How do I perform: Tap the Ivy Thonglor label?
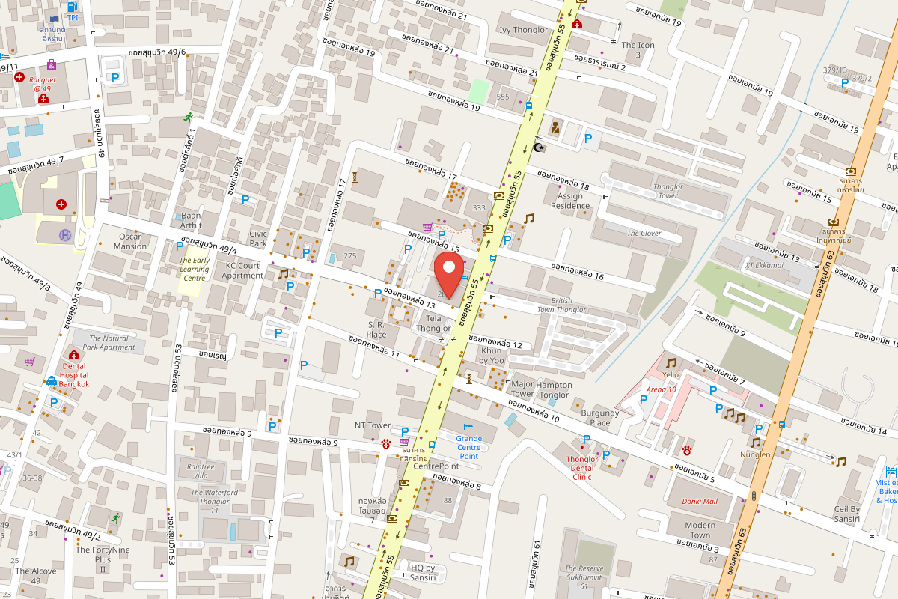tap(523, 30)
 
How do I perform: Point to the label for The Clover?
tap(644, 233)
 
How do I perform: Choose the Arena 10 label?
tap(661, 389)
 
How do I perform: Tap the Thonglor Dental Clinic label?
tap(581, 468)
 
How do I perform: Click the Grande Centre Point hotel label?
tap(469, 447)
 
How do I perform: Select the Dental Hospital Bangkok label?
tap(74, 376)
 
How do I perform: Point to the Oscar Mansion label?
tap(130, 241)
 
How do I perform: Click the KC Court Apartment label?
tap(242, 270)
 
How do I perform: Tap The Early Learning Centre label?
tap(194, 270)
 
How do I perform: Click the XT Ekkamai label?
tap(763, 265)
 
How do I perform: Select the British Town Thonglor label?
tap(561, 305)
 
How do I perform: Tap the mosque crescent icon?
tap(539, 148)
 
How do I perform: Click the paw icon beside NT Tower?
tap(386, 443)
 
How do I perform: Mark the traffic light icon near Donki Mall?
tap(754, 496)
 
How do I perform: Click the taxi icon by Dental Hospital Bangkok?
tap(52, 380)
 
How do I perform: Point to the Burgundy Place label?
tap(600, 418)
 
